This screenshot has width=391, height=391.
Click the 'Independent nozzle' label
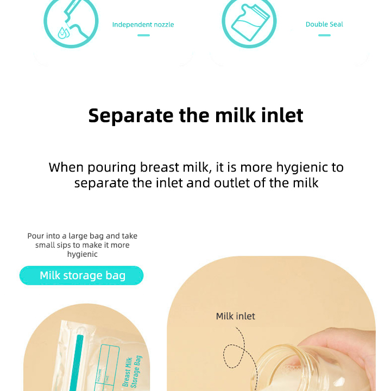pyautogui.click(x=143, y=24)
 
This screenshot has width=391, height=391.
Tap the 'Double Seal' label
pyautogui.click(x=324, y=24)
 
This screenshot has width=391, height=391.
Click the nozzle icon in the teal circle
pyautogui.click(x=71, y=22)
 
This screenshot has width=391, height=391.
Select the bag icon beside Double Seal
pyautogui.click(x=249, y=22)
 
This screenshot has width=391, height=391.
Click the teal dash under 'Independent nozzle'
pyautogui.click(x=143, y=35)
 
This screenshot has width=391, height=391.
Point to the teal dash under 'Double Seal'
pyautogui.click(x=324, y=35)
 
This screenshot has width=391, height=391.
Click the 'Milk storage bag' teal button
pyautogui.click(x=82, y=275)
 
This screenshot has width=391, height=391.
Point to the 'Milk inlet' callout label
pyautogui.click(x=235, y=316)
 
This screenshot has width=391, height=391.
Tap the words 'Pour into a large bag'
pyautogui.click(x=66, y=236)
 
